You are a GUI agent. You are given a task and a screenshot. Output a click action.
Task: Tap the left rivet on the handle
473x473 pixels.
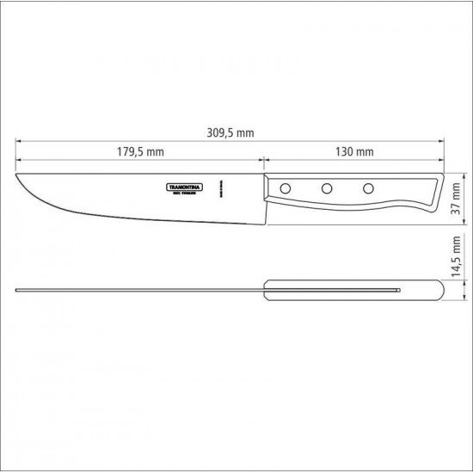coord(286,188)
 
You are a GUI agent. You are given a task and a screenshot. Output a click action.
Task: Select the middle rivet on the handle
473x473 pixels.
coord(327,188)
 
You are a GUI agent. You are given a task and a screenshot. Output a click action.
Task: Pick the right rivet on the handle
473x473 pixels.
coord(367,188)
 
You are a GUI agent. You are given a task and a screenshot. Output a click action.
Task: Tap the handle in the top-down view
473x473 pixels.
coord(353,293)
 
